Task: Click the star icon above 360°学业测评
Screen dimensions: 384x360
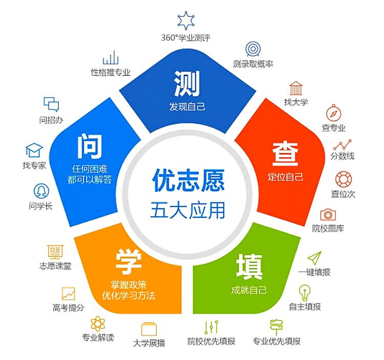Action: (186, 20)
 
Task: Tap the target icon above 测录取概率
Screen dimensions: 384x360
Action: (253, 49)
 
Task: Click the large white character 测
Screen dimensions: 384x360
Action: (187, 83)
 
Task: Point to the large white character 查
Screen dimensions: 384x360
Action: (285, 154)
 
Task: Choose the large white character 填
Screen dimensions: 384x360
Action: (249, 267)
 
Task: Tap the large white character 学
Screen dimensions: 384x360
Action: (129, 262)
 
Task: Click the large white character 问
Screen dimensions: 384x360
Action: (90, 146)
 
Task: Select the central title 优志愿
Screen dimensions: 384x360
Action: (188, 180)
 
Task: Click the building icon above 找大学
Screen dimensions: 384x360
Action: (296, 88)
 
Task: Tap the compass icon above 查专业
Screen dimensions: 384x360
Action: (333, 113)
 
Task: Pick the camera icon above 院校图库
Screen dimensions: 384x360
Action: (328, 214)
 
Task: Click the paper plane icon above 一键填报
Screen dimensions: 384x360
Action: (314, 258)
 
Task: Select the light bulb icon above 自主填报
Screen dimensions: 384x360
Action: (305, 292)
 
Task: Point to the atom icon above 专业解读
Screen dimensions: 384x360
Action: (98, 324)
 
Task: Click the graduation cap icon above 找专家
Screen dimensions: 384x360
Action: (34, 150)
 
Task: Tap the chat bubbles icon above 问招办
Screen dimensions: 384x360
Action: (51, 104)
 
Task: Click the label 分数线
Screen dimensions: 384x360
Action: (343, 156)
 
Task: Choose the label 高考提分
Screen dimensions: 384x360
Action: (68, 307)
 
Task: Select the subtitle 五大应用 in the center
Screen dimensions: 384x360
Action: (188, 210)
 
